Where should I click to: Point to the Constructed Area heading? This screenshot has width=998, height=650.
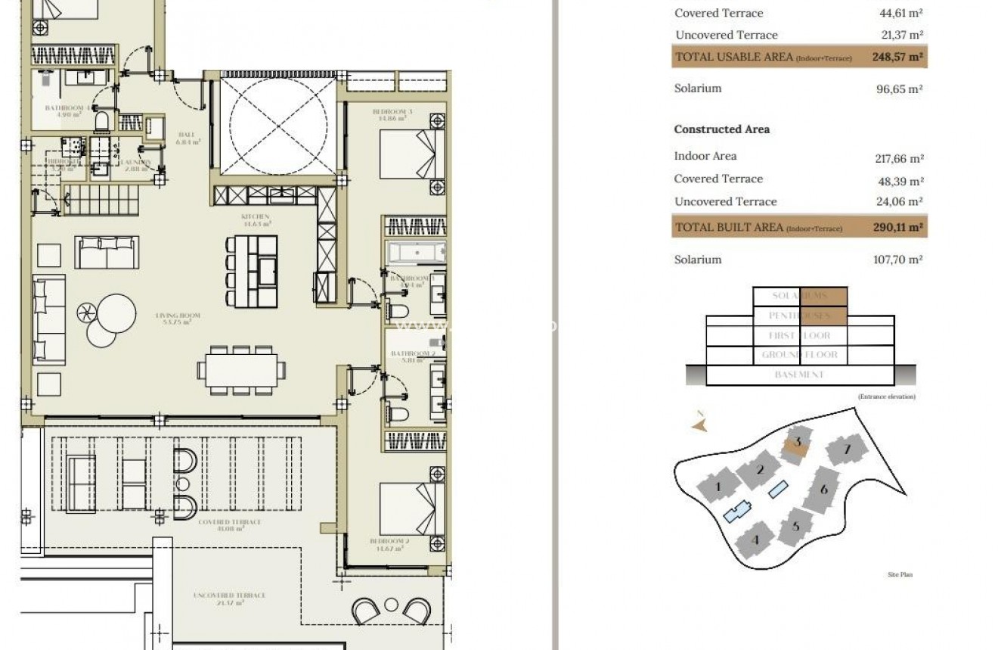point(721,129)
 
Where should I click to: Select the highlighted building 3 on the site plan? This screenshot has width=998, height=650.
point(796,444)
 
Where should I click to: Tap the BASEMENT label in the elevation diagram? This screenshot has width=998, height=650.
point(799,375)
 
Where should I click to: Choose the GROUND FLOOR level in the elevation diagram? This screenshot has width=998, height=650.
point(799,355)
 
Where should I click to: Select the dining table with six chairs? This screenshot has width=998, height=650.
point(241,370)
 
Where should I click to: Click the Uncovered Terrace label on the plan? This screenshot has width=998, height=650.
point(230,599)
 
